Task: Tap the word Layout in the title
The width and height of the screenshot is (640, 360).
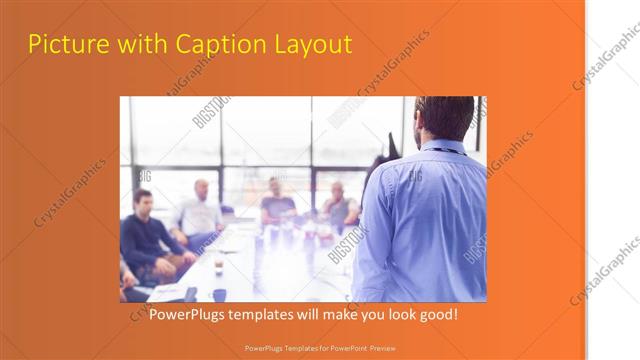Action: point(316,45)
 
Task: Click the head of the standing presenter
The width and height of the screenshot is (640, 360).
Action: point(445,118)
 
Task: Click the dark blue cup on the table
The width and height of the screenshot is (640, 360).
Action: point(219,294)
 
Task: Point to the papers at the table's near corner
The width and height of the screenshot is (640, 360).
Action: point(165,292)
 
